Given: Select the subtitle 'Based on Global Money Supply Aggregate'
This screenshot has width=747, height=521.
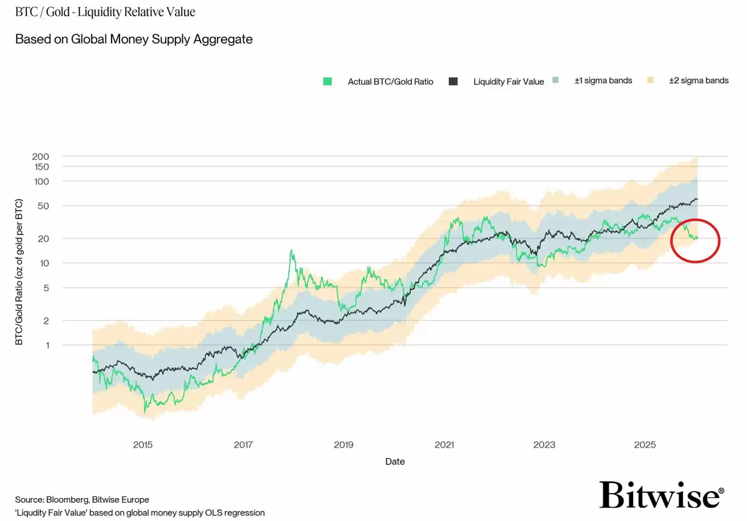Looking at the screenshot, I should coord(134,39).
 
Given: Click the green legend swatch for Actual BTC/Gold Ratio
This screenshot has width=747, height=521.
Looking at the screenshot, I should coord(327,82).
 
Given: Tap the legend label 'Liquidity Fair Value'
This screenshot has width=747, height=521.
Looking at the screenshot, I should coord(509,82).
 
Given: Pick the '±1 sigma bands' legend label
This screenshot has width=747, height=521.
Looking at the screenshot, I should coord(603,81).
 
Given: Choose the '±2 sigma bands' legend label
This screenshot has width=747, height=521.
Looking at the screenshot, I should coord(698,81).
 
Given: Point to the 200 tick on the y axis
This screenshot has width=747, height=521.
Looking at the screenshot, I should coord(40,156).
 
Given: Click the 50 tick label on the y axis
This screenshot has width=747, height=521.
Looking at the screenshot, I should coord(43,206).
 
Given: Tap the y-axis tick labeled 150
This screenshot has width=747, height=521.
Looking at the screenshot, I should coord(40,167).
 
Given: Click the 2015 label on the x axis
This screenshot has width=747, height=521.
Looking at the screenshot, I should coord(143,444).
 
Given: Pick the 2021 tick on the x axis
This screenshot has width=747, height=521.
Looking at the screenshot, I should coord(444,444).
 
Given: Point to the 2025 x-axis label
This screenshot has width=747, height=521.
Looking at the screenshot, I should coord(645,444).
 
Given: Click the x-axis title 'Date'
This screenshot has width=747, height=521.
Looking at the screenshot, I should coord(395,461).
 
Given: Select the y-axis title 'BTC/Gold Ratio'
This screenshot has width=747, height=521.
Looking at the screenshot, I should coord(19,273).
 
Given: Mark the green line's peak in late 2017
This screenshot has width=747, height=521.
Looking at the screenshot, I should coord(291,250).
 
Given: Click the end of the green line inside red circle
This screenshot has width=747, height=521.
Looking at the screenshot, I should coord(697,238).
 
